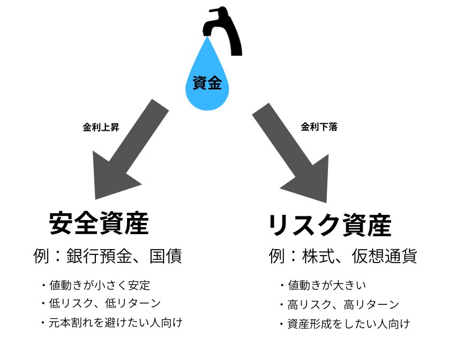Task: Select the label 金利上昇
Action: [x=101, y=127]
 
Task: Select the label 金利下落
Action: [x=319, y=127]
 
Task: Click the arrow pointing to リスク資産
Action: [x=292, y=153]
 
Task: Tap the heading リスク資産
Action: [x=330, y=226]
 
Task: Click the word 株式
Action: [x=320, y=256]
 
